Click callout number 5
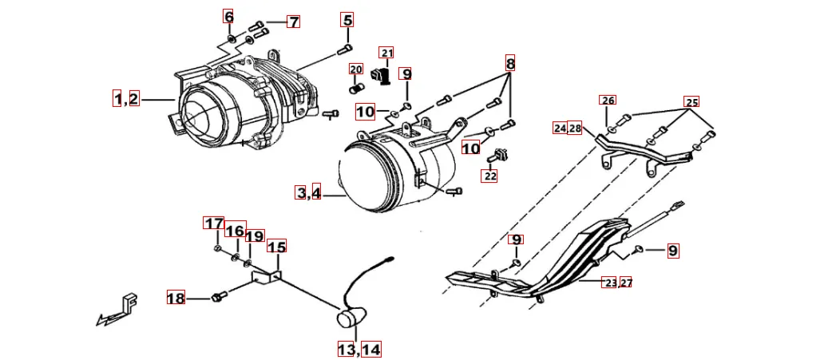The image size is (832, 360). pyautogui.click(x=347, y=20)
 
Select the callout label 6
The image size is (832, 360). pyautogui.click(x=229, y=17)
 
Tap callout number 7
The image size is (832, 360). pyautogui.click(x=294, y=22)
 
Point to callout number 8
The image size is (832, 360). pyautogui.click(x=510, y=63)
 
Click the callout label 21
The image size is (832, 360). pyautogui.click(x=387, y=53)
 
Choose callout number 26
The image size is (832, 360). pyautogui.click(x=608, y=101)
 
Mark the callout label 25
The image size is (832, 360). pyautogui.click(x=691, y=102)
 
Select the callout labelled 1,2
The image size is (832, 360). pyautogui.click(x=126, y=99)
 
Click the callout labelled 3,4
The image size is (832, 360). pyautogui.click(x=308, y=192)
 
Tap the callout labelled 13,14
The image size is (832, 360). pyautogui.click(x=359, y=350)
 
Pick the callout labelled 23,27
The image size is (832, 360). pyautogui.click(x=617, y=283)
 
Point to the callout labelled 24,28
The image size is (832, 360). pyautogui.click(x=568, y=129)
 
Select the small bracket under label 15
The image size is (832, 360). pyautogui.click(x=267, y=277)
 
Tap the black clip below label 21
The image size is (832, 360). pyautogui.click(x=383, y=77)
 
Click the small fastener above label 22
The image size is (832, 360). pyautogui.click(x=500, y=154)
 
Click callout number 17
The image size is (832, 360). pyautogui.click(x=213, y=224)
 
